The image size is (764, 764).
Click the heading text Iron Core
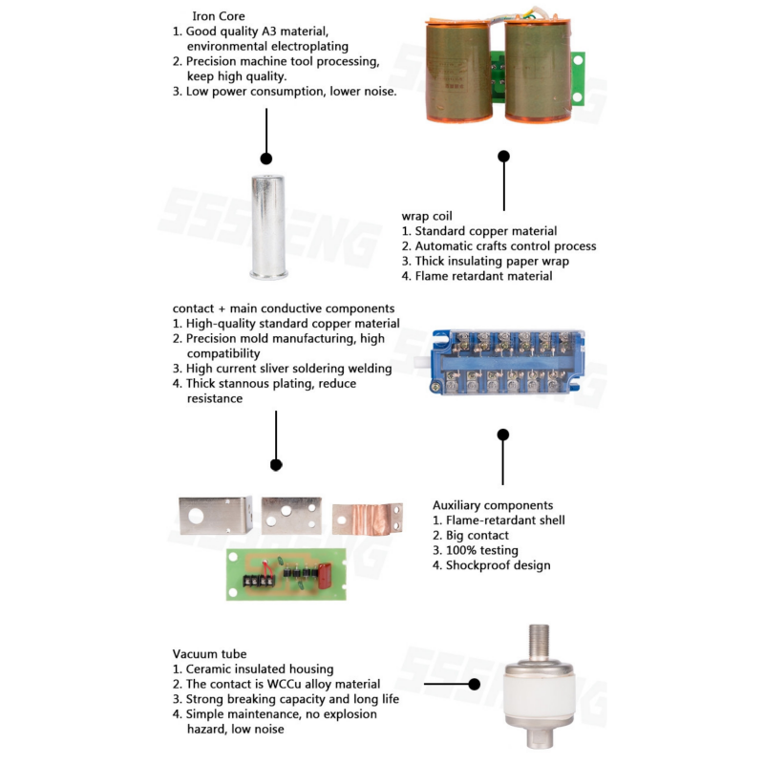coord(218,16)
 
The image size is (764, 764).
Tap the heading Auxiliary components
coord(492,505)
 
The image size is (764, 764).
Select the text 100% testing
coord(481,550)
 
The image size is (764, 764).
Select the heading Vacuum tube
coord(209,654)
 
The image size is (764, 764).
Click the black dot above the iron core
coord(266,159)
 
